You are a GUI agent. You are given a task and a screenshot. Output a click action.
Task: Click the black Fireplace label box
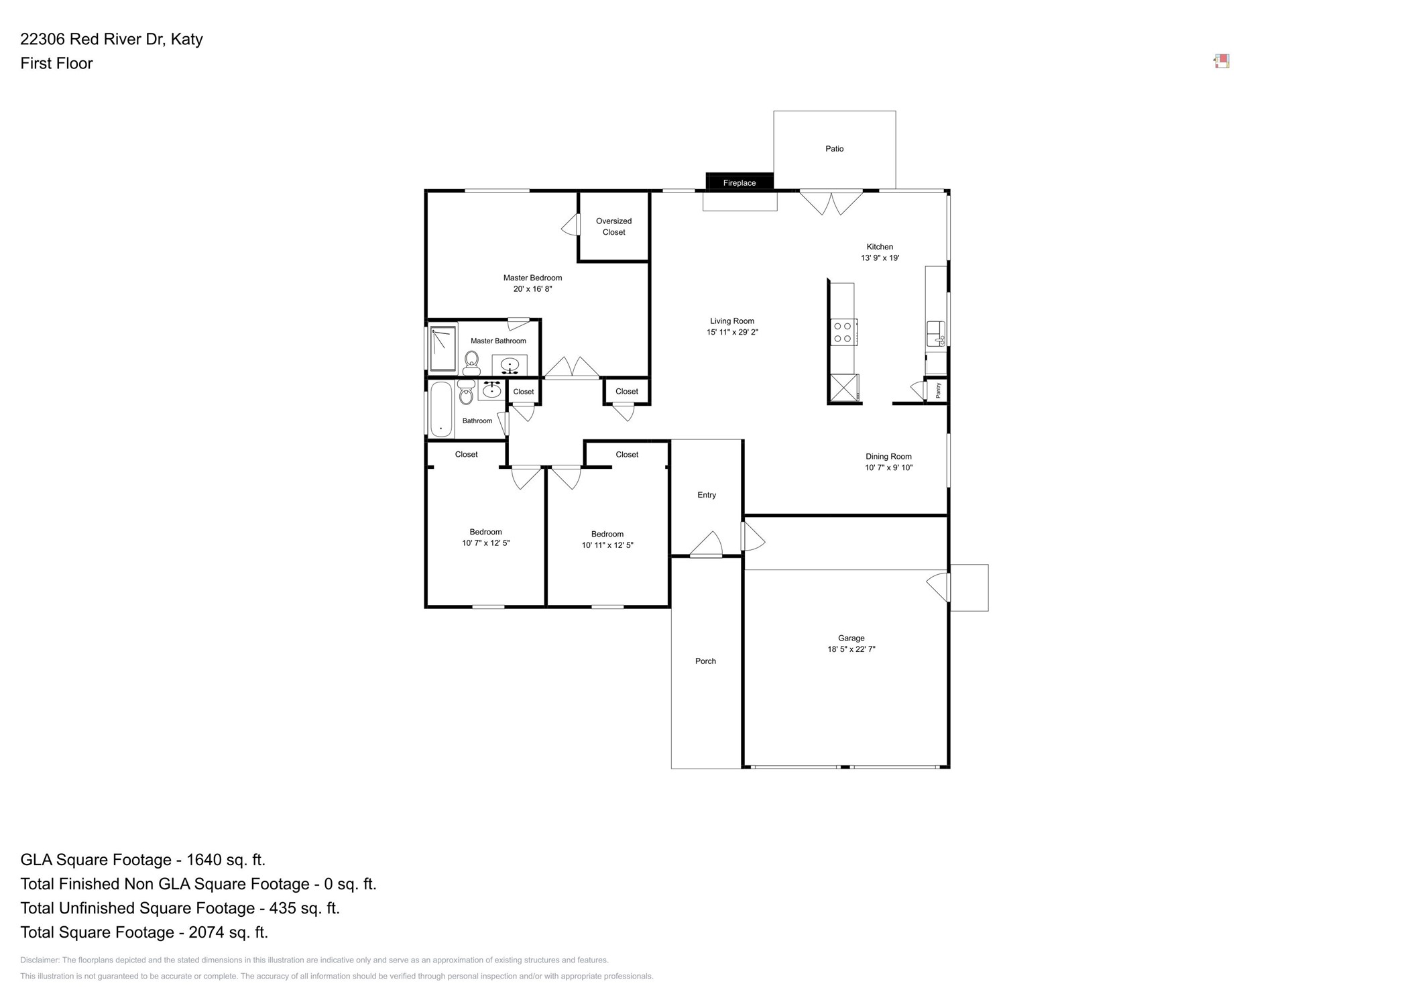[739, 182]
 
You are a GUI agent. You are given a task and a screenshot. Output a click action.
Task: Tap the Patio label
[834, 149]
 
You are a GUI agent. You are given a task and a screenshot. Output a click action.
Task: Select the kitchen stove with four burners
[842, 332]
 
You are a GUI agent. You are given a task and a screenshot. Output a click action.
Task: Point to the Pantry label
[937, 390]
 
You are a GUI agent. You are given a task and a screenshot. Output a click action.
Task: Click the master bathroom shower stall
[443, 348]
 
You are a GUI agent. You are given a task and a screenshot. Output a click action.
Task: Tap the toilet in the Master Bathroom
[471, 363]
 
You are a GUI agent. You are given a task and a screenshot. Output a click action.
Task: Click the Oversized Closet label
[613, 227]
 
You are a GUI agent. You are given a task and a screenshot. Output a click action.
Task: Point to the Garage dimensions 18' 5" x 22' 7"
[851, 649]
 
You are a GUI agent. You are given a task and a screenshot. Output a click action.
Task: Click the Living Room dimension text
[732, 332]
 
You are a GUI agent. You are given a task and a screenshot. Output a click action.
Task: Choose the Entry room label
[706, 495]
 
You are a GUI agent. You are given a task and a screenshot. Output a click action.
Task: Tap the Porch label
[705, 661]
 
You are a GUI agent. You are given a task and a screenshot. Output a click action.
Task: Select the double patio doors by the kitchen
[831, 202]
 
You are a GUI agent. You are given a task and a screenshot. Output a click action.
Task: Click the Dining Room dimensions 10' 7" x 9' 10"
[888, 467]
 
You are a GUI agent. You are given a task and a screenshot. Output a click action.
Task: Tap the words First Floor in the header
[56, 64]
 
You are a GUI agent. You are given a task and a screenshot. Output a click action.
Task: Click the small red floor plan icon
[1221, 62]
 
